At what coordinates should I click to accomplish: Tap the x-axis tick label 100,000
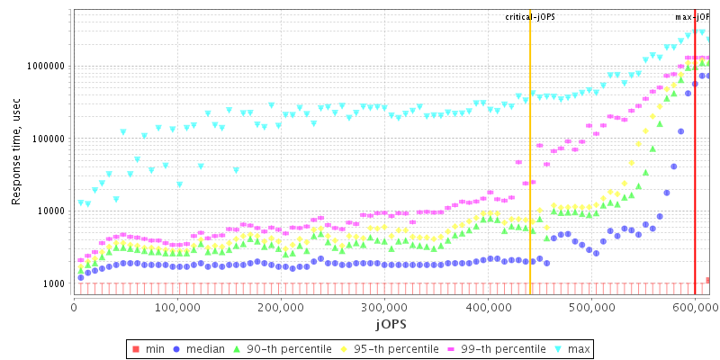click(x=177, y=307)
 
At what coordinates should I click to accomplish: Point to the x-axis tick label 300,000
click(x=384, y=307)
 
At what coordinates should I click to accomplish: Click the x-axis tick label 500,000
click(x=591, y=307)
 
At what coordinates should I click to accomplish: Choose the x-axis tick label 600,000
click(x=695, y=307)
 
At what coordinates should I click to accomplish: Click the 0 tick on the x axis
click(x=74, y=307)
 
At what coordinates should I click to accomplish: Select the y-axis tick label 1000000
click(x=45, y=67)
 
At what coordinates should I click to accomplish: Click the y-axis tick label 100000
click(x=48, y=139)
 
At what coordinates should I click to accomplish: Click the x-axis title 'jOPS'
click(x=391, y=323)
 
